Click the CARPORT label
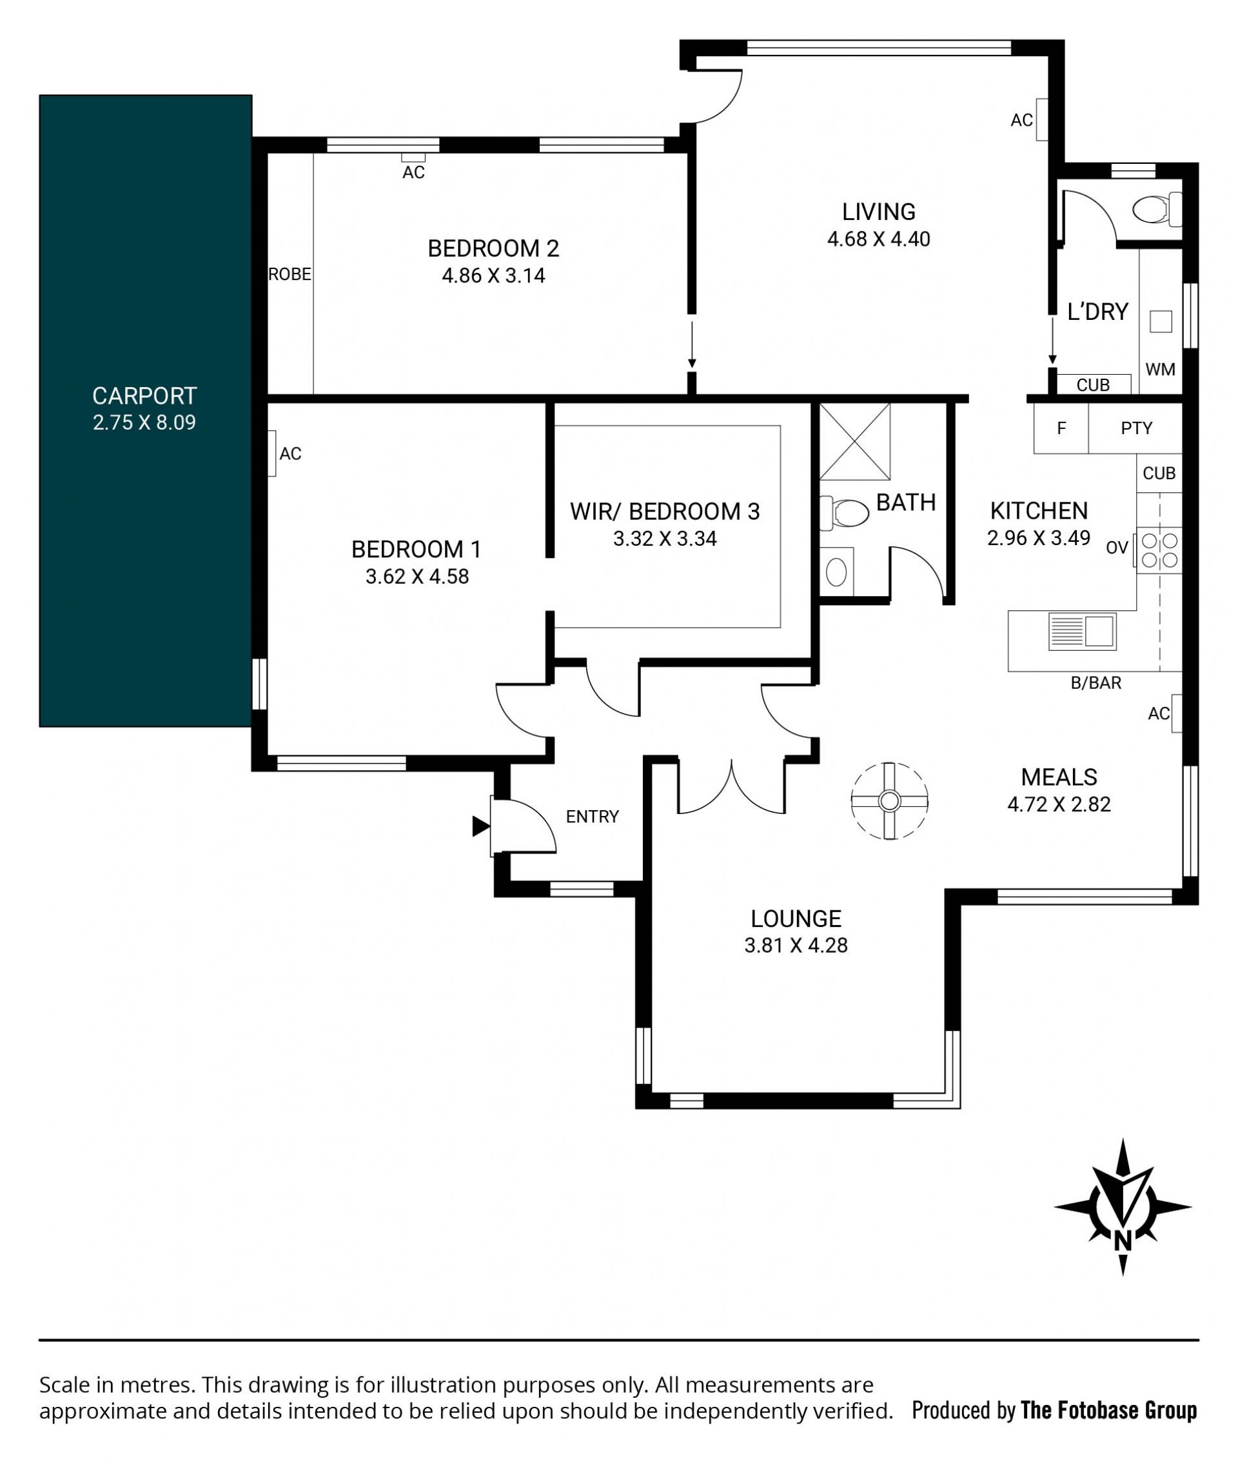click(x=144, y=396)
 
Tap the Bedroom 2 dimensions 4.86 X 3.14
click(x=493, y=275)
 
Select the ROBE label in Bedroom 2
click(x=290, y=275)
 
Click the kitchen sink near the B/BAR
click(x=1082, y=630)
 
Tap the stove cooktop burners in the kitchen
click(x=1159, y=550)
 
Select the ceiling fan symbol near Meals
click(x=889, y=801)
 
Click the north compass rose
click(x=1122, y=1207)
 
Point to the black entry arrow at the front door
click(x=481, y=826)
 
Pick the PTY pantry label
click(x=1136, y=428)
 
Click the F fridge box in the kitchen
click(x=1061, y=428)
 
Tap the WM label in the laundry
click(x=1160, y=369)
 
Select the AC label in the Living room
click(x=1021, y=121)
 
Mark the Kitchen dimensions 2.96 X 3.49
click(x=1039, y=538)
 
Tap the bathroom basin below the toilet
click(x=836, y=572)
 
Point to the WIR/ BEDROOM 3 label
click(x=665, y=511)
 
